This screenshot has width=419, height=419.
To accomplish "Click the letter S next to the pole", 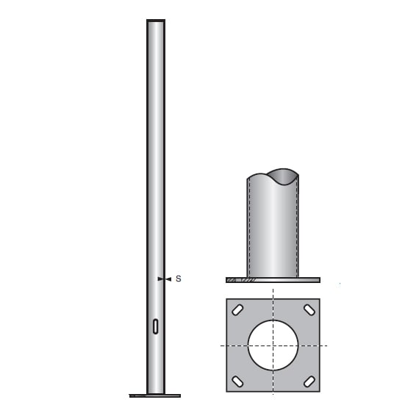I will tap(178, 279).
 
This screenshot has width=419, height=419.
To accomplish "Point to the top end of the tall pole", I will tap(156, 21).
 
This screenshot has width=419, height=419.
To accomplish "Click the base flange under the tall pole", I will tap(155, 395).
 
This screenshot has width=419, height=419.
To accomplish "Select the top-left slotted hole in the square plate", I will tap(237, 309).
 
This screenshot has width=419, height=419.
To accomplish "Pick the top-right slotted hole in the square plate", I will tap(309, 309).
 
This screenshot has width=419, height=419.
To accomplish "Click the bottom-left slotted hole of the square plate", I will tap(237, 381).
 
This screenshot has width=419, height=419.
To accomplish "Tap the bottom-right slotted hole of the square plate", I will tap(309, 381).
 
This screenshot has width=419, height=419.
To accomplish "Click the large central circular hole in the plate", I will tap(273, 345).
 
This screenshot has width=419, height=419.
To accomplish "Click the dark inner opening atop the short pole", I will tap(283, 176).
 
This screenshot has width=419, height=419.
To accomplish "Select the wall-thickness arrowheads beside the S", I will tap(163, 279).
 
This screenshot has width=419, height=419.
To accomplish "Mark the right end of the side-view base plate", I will tap(318, 280).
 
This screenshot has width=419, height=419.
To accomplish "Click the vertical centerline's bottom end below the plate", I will tap(273, 397).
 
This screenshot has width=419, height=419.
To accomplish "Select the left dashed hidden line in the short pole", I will tap(250, 228).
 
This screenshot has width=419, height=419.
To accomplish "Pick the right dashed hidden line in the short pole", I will tap(296, 228).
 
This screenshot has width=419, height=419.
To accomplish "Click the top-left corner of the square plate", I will tap(226, 299).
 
